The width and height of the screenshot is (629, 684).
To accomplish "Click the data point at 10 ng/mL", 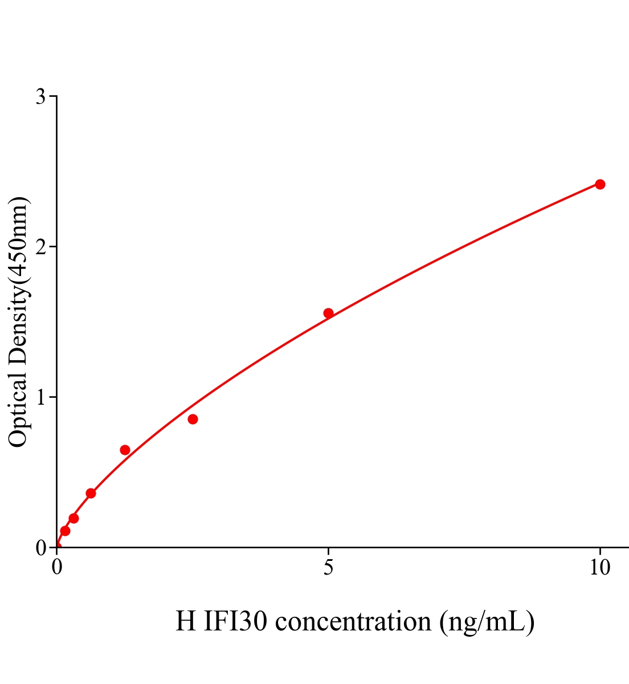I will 599,184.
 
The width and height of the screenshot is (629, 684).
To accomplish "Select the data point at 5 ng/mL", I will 328,313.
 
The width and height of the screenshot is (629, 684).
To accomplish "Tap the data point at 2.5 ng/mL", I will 193,420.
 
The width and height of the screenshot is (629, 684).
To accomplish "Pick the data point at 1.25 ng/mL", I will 125,450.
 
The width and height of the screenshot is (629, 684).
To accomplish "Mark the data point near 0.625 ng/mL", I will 91,493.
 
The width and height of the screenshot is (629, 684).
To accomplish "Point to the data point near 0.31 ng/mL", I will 73,518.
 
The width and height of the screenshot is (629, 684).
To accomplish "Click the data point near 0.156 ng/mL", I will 65,531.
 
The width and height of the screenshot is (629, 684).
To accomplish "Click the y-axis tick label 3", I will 40,97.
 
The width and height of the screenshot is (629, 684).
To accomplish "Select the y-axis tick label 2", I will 40,247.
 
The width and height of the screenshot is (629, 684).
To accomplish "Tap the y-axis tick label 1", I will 40,397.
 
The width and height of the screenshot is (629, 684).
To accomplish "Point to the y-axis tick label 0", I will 40,548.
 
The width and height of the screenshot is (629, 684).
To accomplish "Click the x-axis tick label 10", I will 599,568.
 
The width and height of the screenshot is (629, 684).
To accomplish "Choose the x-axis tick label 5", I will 328,568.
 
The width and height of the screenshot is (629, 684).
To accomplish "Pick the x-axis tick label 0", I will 57,568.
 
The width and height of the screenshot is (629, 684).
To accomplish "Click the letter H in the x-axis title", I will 186,621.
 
